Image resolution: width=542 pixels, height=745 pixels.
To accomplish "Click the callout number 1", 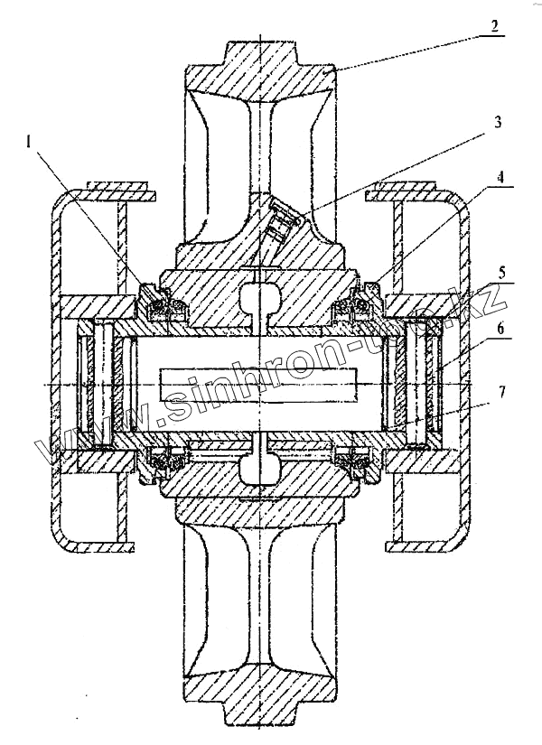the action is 30,142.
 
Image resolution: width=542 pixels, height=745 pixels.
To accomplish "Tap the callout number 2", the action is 494,25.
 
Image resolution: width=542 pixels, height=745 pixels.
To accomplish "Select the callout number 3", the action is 498,122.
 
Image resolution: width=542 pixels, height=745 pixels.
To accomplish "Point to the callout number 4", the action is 500,177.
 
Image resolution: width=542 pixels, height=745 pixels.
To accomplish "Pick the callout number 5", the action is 502,273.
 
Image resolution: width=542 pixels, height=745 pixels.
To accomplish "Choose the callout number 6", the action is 502,328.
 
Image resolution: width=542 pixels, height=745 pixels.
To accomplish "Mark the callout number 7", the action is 503,392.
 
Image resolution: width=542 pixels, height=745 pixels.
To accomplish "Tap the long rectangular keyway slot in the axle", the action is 258,384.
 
